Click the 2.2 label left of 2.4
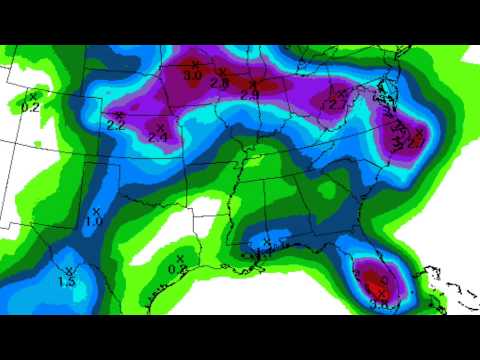[115, 125]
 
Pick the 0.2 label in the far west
[30, 105]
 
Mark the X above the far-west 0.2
[32, 94]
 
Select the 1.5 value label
[68, 282]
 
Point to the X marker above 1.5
[69, 270]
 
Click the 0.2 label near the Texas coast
[177, 269]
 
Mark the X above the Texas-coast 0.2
[179, 258]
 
